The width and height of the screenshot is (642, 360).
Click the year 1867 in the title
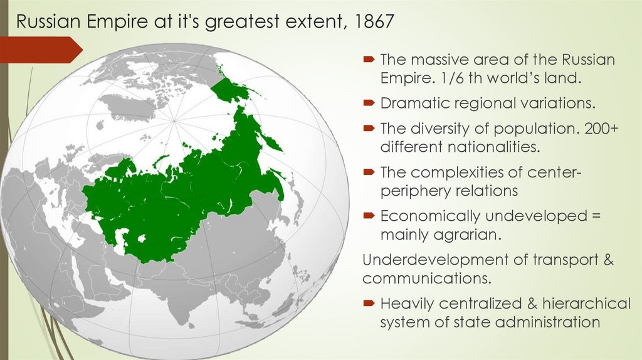[x=374, y=22]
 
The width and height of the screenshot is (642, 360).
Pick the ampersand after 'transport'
[x=607, y=260]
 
